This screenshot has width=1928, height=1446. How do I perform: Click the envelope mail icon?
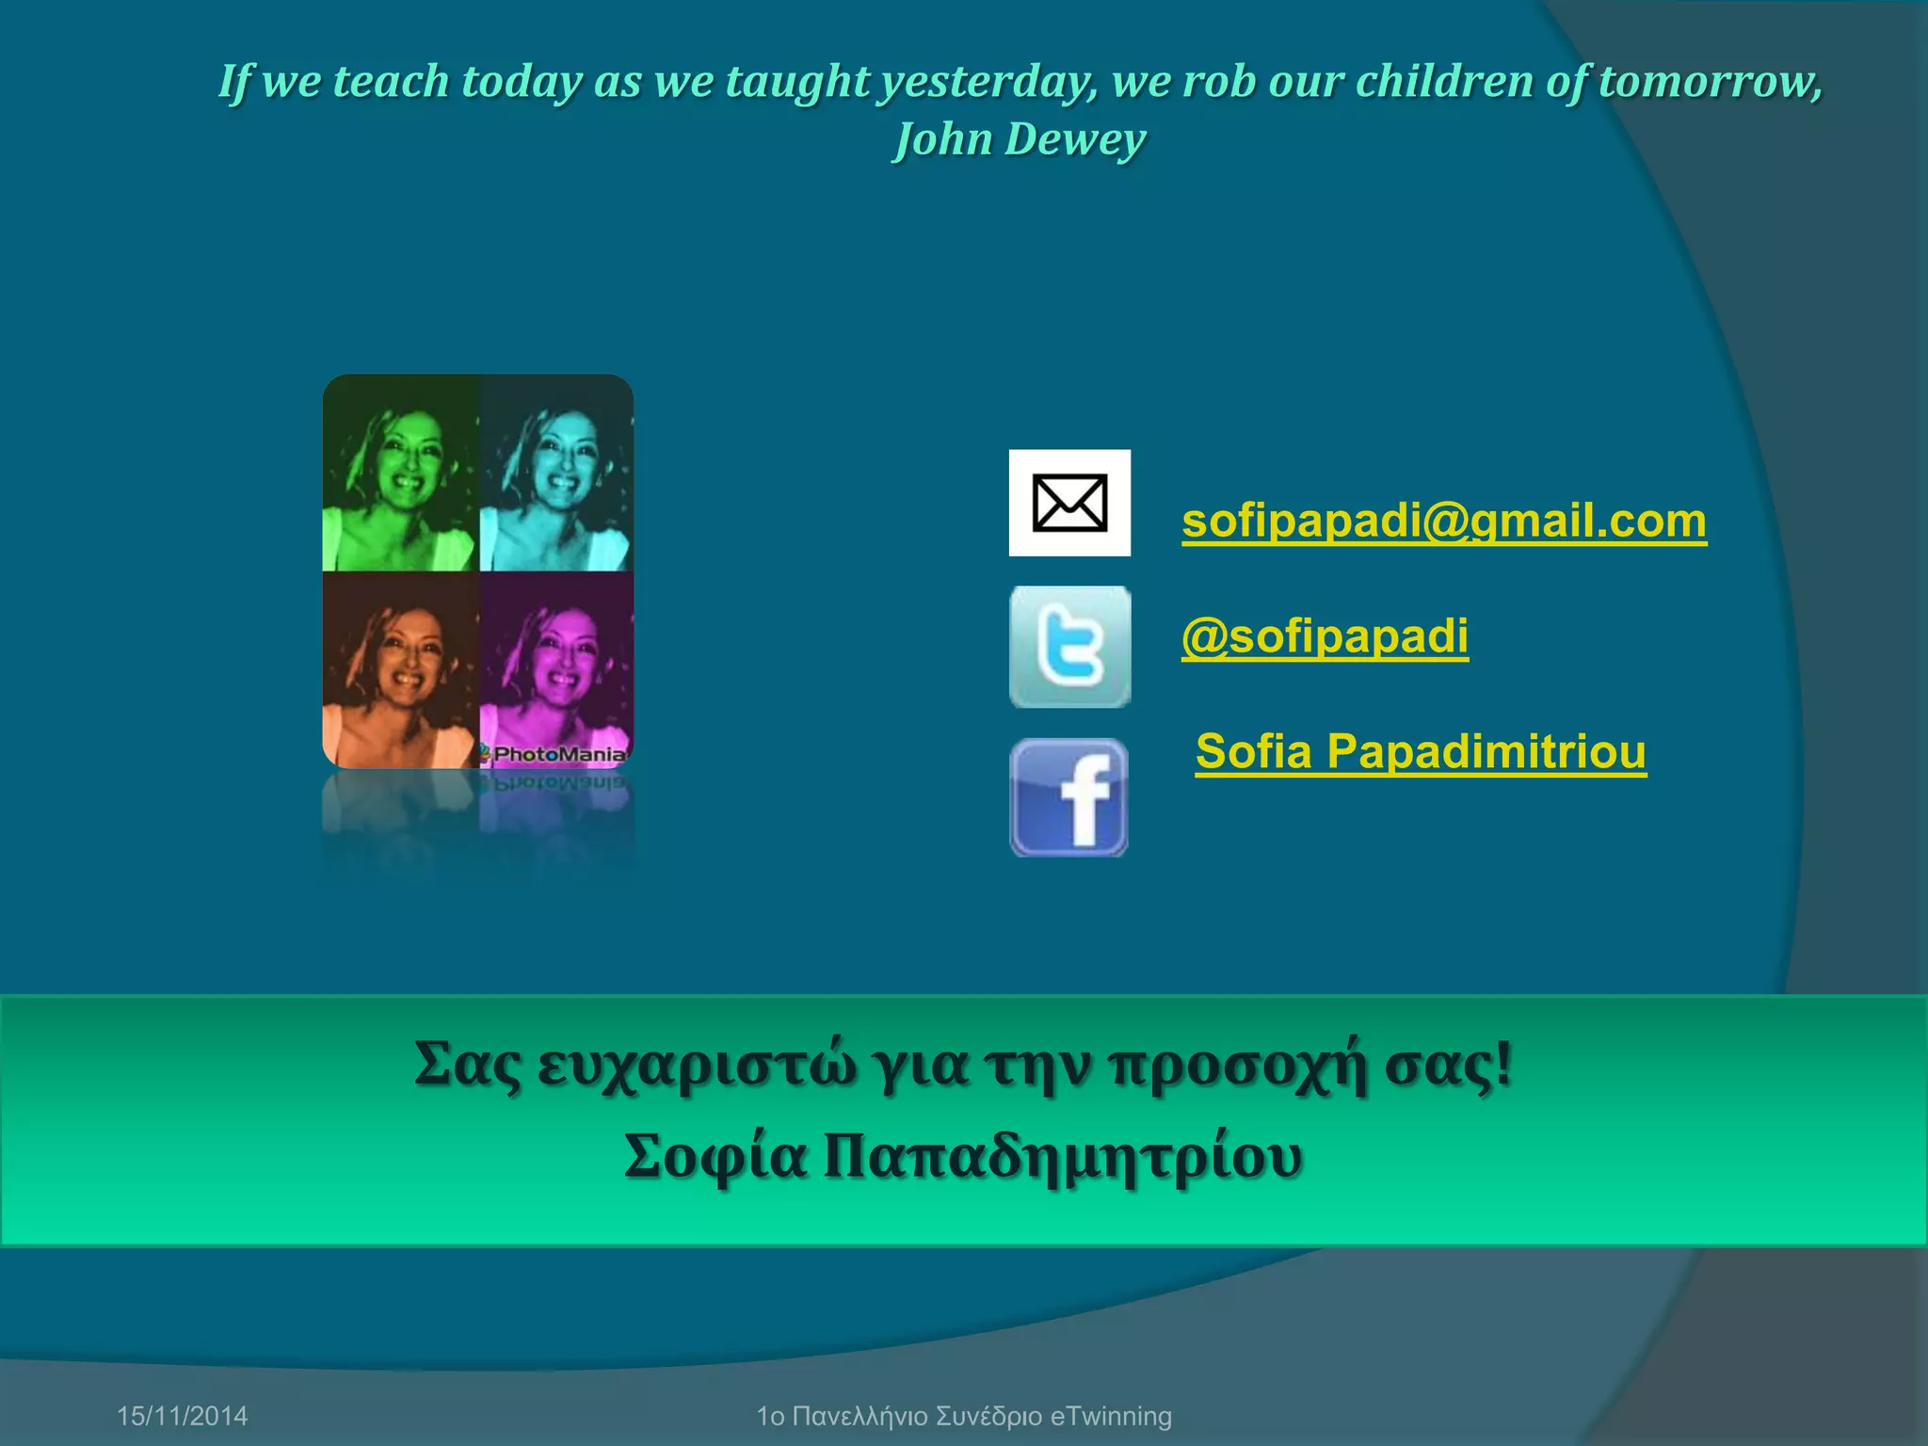(x=1069, y=503)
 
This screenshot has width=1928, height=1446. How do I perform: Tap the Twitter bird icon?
(x=1069, y=647)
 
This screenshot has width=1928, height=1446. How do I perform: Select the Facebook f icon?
(x=1069, y=797)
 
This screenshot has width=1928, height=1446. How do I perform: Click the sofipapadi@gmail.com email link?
(x=1443, y=521)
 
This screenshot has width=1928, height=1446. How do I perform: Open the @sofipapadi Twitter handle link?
(x=1325, y=636)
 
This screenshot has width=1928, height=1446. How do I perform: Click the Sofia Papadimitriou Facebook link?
(x=1421, y=751)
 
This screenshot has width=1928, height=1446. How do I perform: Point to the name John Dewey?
(x=1020, y=139)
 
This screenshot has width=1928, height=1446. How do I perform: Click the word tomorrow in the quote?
(x=1710, y=81)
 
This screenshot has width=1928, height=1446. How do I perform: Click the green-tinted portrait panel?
(x=401, y=474)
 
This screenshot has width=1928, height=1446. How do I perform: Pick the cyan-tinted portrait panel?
(x=556, y=474)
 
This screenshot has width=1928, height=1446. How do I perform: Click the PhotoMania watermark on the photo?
(x=557, y=753)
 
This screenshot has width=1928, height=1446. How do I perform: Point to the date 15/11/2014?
(x=182, y=1416)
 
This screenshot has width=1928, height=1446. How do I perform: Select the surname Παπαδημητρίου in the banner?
(x=1063, y=1157)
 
